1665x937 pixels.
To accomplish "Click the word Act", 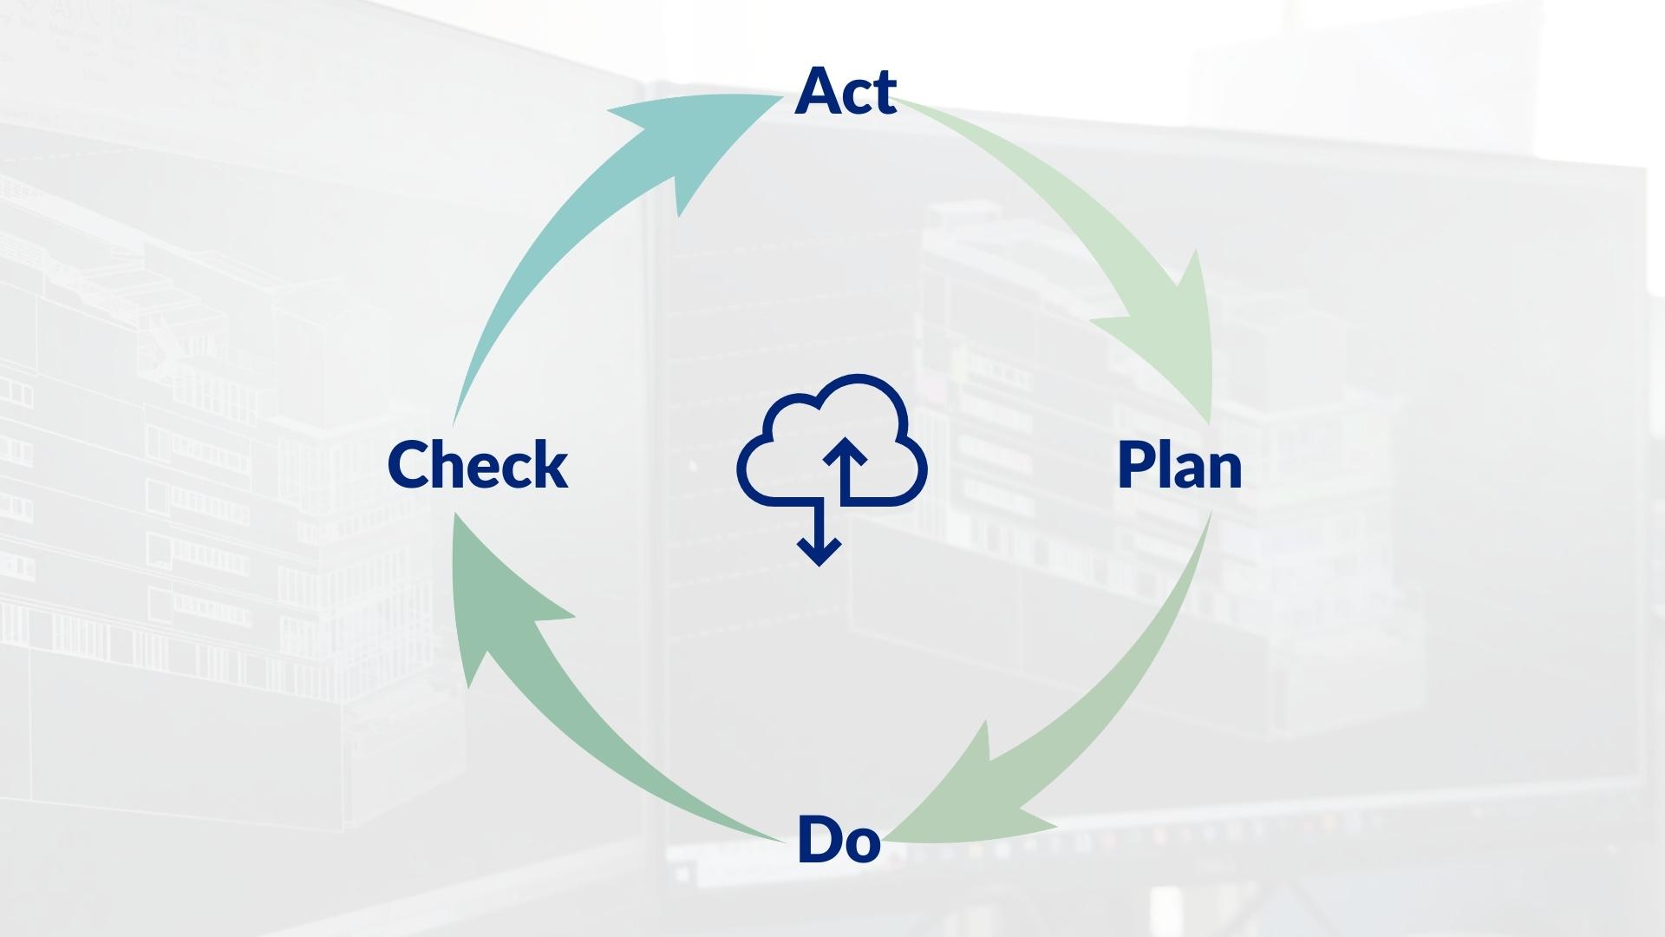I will [x=846, y=90].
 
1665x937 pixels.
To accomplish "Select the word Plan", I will [x=1179, y=465].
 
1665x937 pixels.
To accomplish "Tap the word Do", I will [x=839, y=839].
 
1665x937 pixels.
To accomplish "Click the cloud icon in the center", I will [x=831, y=442].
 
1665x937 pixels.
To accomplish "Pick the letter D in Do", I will [x=819, y=839].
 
